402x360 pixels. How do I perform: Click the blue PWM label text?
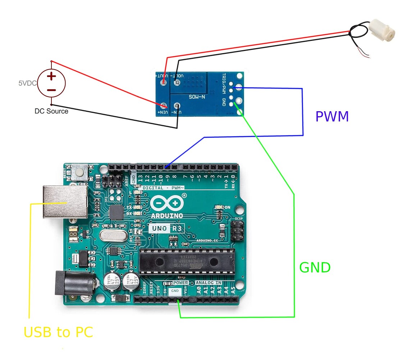[332, 117]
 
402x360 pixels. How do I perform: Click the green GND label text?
[315, 267]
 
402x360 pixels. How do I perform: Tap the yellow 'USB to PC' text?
[58, 332]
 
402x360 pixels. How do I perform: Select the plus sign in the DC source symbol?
[52, 76]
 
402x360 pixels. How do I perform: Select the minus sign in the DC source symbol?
[52, 90]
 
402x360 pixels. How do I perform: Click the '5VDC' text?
[27, 83]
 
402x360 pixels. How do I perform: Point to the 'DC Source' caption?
[51, 111]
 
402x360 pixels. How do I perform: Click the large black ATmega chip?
[187, 261]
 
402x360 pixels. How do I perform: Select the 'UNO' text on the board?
[158, 228]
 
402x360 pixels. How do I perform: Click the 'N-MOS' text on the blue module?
[197, 97]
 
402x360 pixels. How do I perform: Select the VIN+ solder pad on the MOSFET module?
[164, 106]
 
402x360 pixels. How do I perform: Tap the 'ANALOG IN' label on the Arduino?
[209, 283]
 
